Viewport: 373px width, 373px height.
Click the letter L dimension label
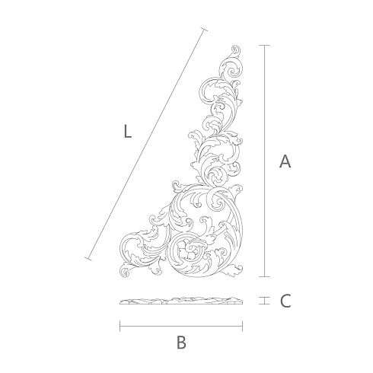click(x=128, y=132)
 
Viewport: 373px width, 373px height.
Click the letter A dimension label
click(x=285, y=161)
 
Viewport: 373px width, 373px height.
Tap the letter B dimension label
click(x=181, y=342)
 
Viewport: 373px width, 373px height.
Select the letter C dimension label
click(x=285, y=301)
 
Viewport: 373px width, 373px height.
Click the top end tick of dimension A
click(x=265, y=46)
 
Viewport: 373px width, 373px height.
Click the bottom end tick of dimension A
click(x=265, y=276)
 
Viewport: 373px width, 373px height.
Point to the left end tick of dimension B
click(x=120, y=327)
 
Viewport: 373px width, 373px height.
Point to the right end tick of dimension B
click(x=243, y=327)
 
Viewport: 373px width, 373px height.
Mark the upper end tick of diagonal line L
click(x=204, y=29)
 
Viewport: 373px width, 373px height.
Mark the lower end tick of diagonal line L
click(x=88, y=259)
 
